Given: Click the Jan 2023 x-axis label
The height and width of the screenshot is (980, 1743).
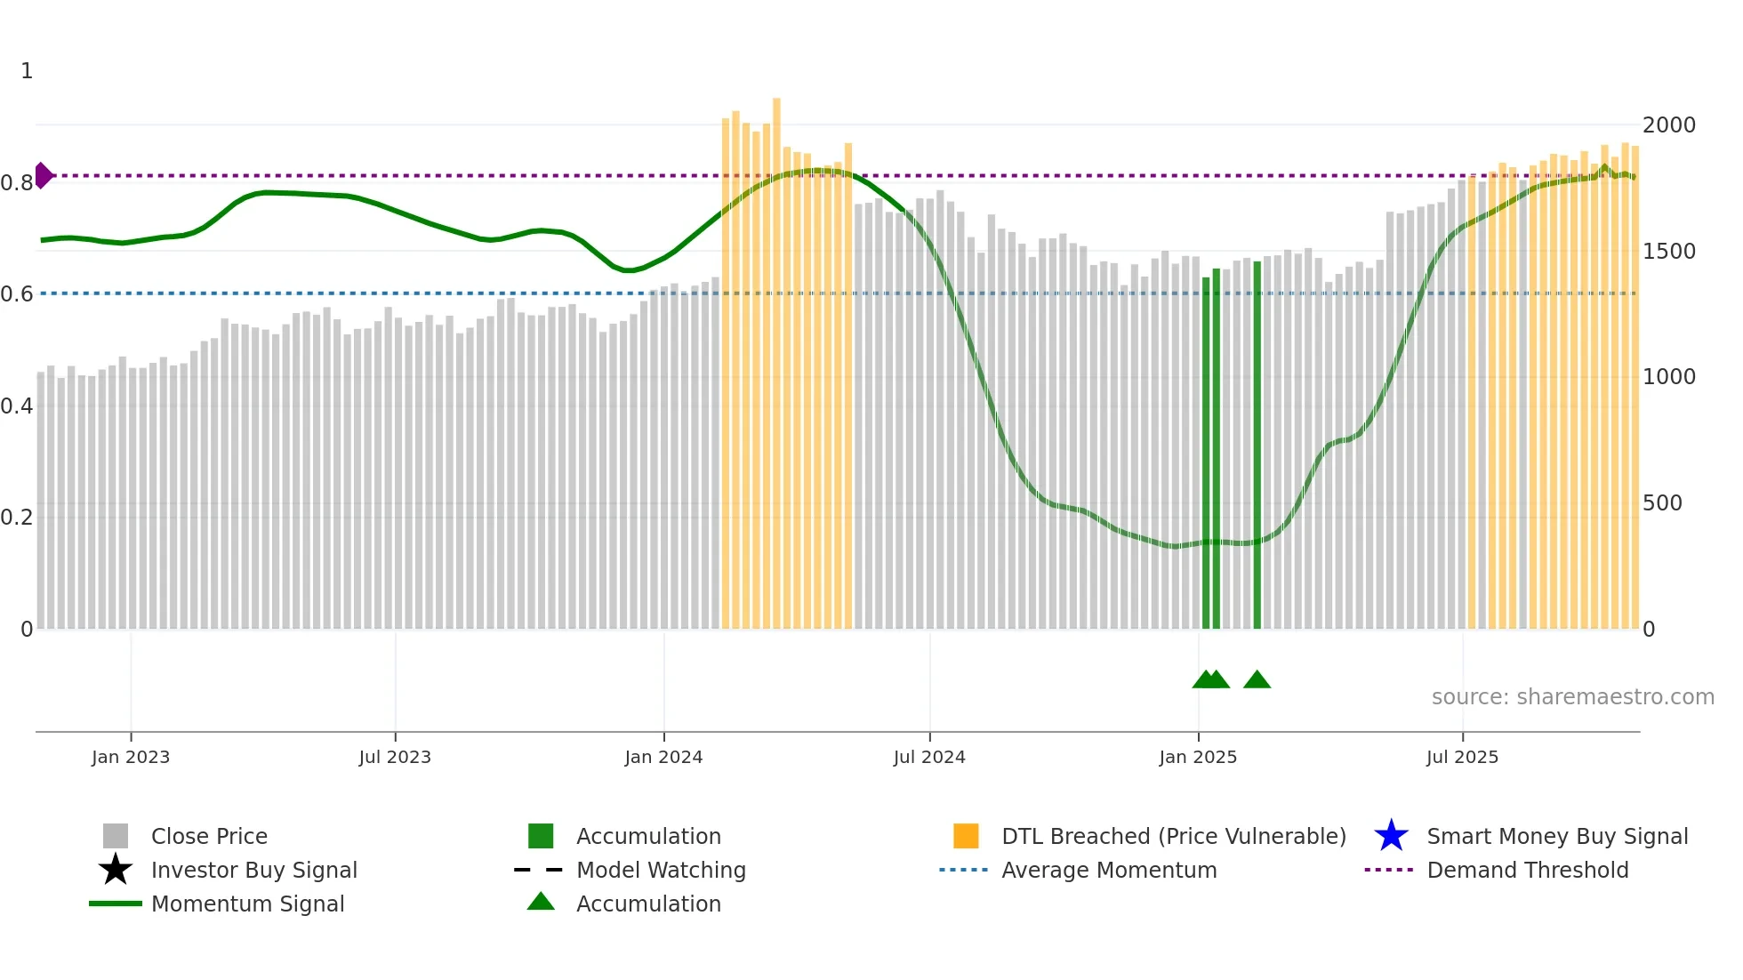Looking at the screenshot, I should tap(130, 758).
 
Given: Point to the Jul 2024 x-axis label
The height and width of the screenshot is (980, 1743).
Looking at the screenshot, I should tap(929, 758).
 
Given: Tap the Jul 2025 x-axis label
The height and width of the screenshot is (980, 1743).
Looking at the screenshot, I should tap(1462, 758).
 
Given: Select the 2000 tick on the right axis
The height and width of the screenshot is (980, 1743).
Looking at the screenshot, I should tap(1668, 125).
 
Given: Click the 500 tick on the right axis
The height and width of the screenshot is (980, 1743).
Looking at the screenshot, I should tap(1662, 503).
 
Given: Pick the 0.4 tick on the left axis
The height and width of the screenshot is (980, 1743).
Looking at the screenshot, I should tap(17, 406).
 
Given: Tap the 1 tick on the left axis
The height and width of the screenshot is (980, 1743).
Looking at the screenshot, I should tap(27, 71).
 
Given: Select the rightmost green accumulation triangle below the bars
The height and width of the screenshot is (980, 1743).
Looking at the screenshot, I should tap(1257, 680).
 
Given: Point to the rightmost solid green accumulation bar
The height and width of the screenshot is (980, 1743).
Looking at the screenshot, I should tap(1257, 445).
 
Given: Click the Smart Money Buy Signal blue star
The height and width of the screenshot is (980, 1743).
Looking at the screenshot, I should tap(1391, 836).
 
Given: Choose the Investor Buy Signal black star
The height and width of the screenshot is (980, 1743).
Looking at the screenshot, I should tap(116, 870).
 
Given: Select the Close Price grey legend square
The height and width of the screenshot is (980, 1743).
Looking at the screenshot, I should tap(116, 836).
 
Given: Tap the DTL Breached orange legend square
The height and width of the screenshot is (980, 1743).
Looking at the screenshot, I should tap(966, 836).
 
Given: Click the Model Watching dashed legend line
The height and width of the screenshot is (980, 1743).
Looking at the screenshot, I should tap(539, 870).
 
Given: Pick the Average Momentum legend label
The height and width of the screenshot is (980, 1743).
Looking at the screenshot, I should tap(1109, 870).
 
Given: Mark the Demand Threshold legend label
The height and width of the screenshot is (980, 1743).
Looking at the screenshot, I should tap(1527, 870).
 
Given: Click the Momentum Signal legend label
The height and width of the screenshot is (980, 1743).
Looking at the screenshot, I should tap(247, 904).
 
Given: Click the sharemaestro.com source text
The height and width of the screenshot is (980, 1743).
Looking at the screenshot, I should tap(1572, 697).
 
